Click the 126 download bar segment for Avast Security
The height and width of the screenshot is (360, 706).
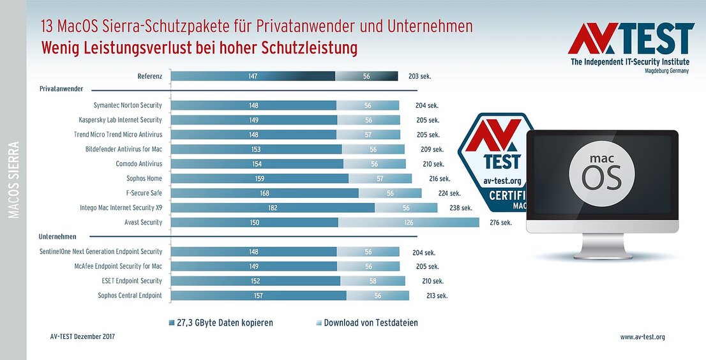click(x=409, y=222)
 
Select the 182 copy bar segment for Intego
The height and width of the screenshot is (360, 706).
click(x=273, y=207)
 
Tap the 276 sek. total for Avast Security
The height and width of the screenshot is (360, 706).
click(x=500, y=223)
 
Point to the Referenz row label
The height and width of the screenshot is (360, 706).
click(x=150, y=76)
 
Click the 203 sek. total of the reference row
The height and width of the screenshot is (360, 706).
click(x=419, y=76)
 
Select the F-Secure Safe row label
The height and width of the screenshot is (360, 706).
click(x=144, y=193)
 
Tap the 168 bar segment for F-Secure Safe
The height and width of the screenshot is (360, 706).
click(x=265, y=193)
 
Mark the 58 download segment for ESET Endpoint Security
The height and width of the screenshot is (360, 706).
click(x=373, y=281)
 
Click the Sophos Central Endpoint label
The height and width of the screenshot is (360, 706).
click(x=130, y=296)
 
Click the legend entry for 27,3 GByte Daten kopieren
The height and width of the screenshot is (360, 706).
click(x=221, y=323)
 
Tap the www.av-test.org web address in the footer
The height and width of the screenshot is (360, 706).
click(x=642, y=337)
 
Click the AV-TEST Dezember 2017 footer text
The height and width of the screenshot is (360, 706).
click(x=83, y=336)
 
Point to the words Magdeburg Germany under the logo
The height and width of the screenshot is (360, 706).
click(x=667, y=72)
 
